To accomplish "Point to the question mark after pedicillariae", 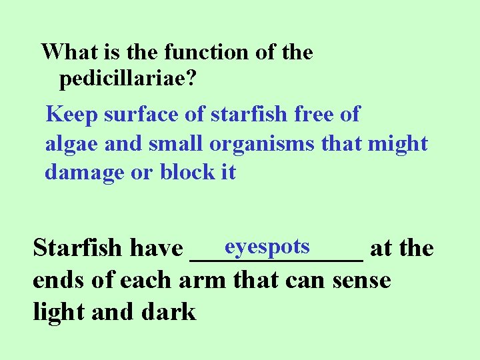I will coord(191,80).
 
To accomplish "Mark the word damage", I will coord(84,173).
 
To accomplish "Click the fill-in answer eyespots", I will coord(267,246).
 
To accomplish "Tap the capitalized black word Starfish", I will coord(77,249).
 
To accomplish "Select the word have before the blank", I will coord(156,249).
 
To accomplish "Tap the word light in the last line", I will coord(58,311).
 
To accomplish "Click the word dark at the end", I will coord(168,311).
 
